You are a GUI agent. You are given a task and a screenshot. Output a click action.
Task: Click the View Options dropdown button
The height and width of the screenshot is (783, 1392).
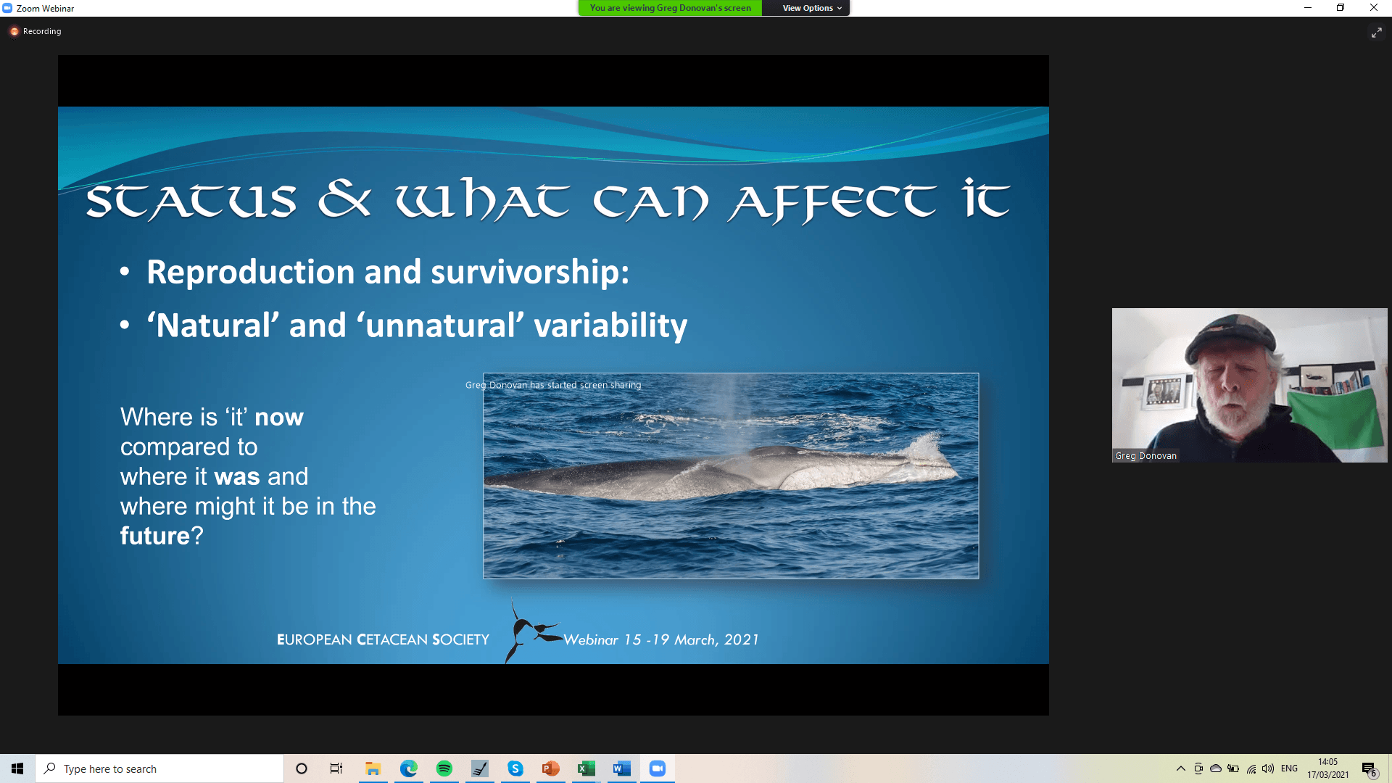(x=811, y=8)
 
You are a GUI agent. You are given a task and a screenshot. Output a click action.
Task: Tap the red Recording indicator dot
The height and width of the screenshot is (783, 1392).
(x=14, y=31)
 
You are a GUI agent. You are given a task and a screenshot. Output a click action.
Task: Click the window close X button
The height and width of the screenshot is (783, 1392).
(x=1373, y=8)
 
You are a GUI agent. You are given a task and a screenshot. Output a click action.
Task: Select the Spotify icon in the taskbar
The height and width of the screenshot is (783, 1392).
(x=444, y=768)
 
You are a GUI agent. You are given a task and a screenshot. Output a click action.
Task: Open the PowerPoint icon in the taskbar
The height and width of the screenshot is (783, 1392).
(x=551, y=768)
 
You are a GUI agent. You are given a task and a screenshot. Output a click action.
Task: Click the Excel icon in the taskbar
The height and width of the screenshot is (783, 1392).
(x=586, y=768)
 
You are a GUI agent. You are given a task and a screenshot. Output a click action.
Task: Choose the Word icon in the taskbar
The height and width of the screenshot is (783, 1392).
(x=621, y=768)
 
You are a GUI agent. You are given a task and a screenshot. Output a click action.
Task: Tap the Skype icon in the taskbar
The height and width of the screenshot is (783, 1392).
(x=515, y=768)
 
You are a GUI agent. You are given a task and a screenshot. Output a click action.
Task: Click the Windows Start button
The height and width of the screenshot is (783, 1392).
(x=17, y=768)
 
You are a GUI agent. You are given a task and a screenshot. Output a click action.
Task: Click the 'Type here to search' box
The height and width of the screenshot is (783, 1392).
(x=159, y=768)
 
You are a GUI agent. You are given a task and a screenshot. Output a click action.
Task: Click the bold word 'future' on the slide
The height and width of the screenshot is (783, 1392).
(x=155, y=536)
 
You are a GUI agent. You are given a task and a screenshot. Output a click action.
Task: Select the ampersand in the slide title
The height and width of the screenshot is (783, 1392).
(x=344, y=199)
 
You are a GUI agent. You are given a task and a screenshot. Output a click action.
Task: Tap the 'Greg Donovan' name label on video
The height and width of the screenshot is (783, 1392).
(x=1145, y=456)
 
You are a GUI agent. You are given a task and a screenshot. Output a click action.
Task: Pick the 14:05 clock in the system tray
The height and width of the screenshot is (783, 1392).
(x=1327, y=762)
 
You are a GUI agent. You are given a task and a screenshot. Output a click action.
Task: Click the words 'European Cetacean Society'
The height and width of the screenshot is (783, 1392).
(x=383, y=639)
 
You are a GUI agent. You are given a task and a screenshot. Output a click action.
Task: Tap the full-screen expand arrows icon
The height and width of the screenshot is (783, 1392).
(x=1376, y=33)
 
